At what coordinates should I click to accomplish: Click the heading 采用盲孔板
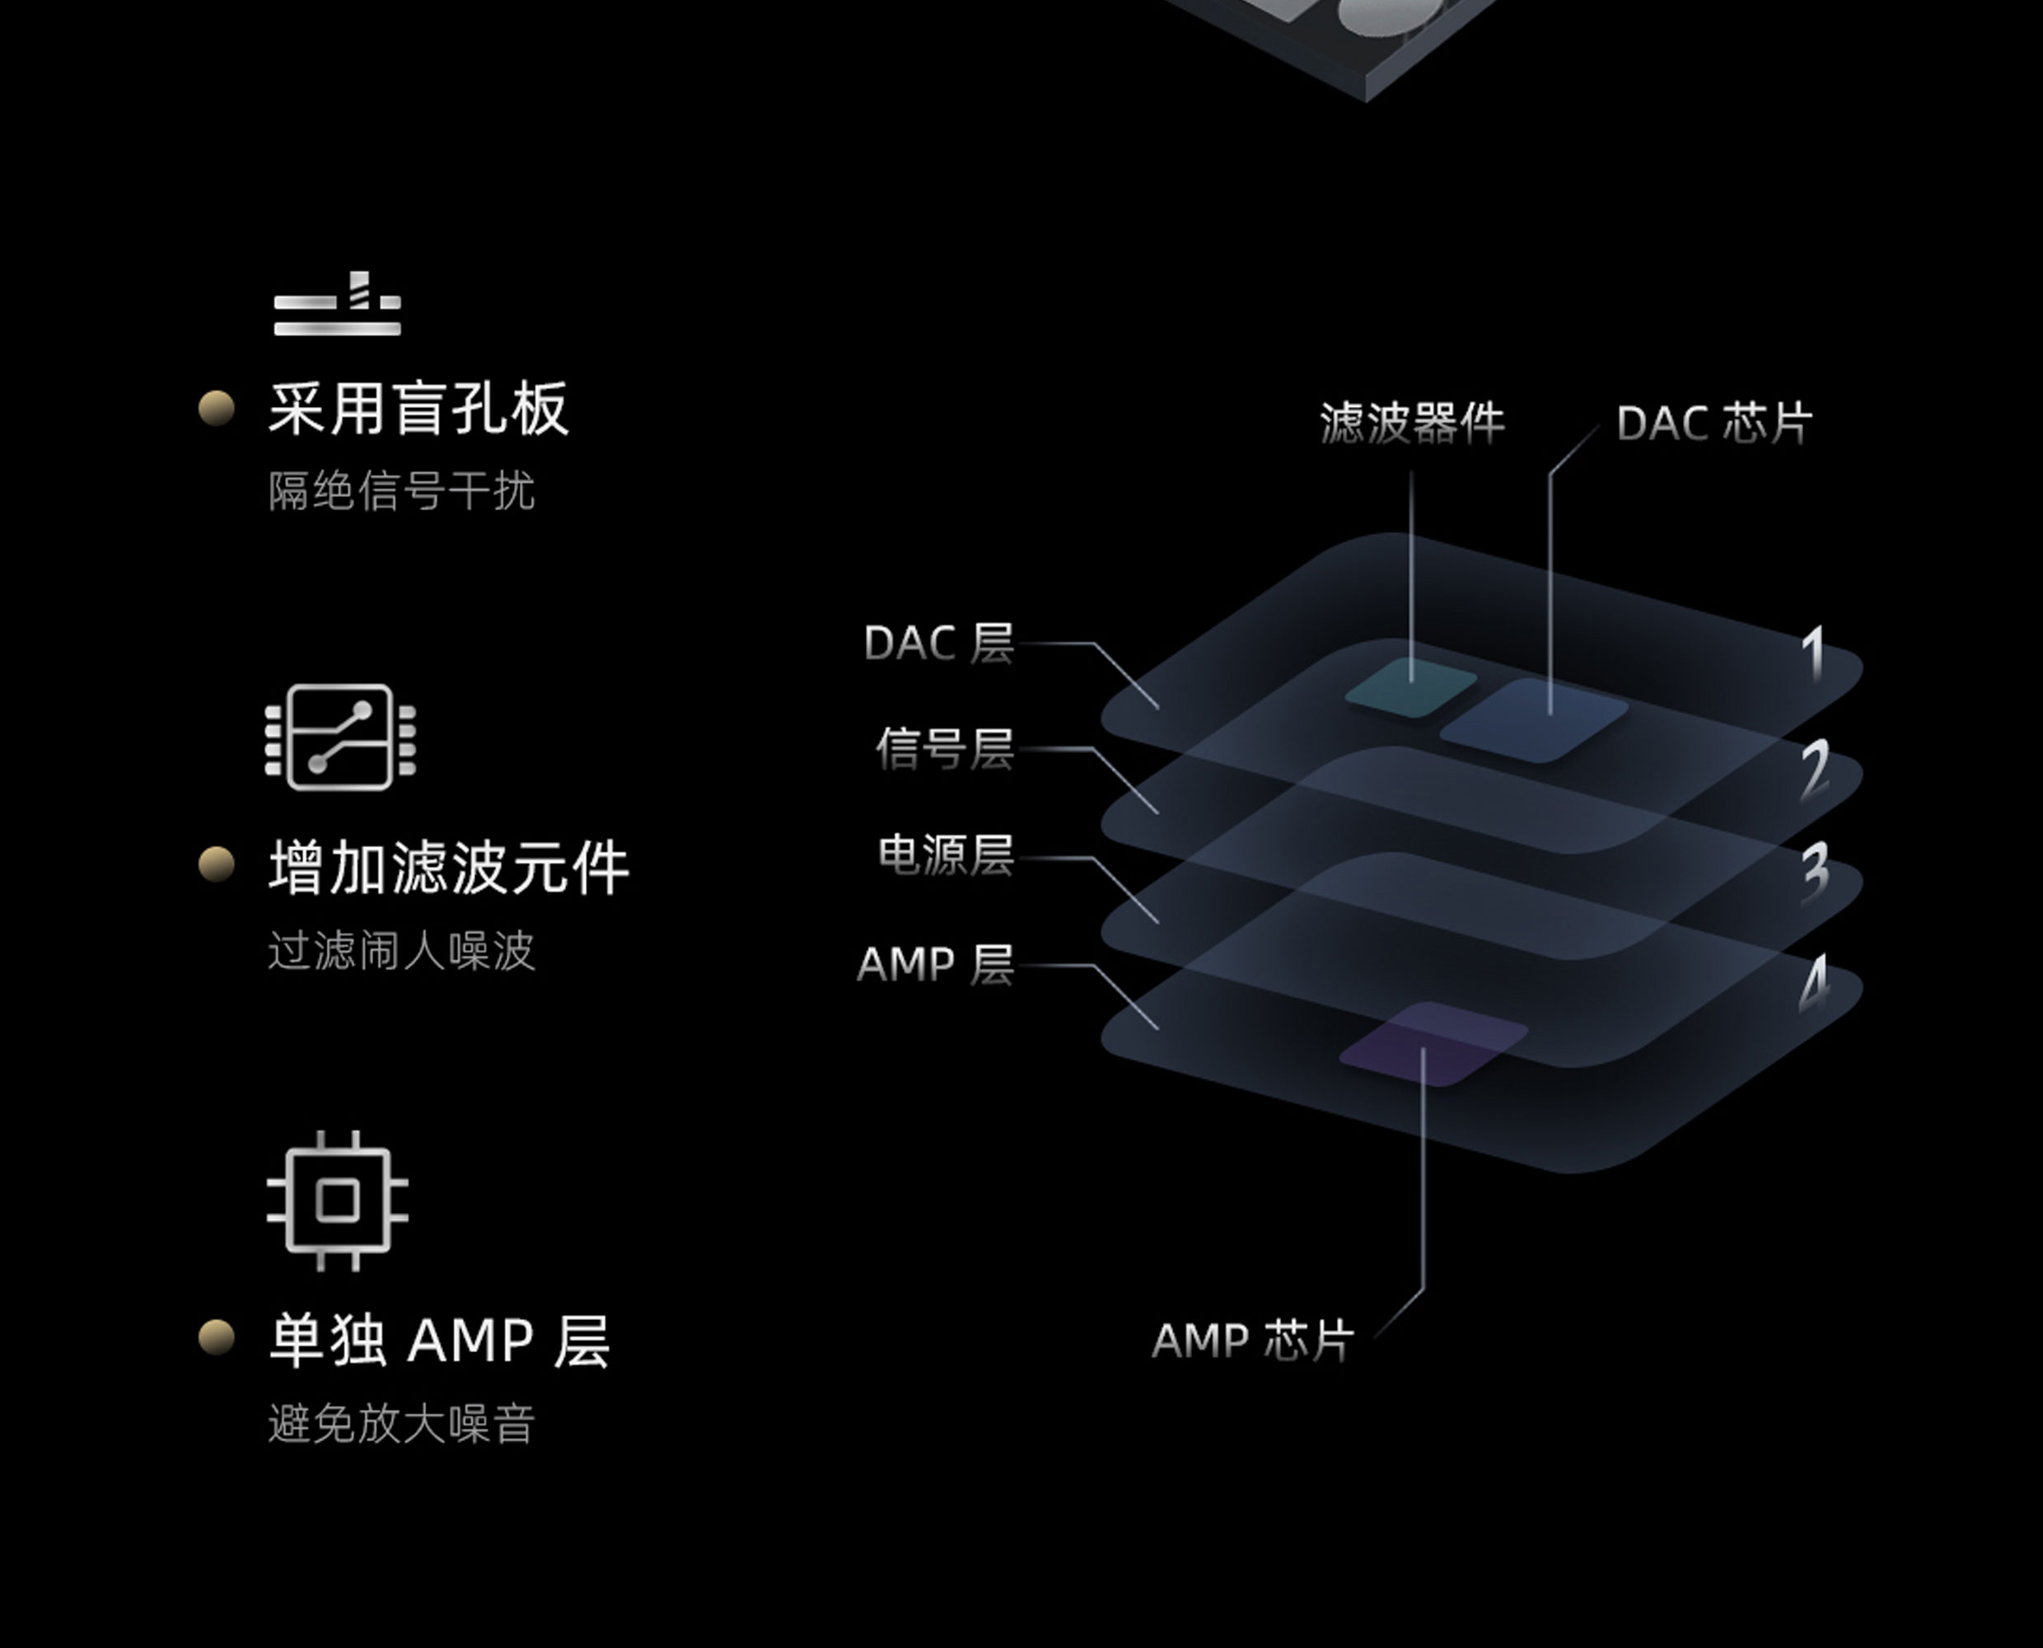(418, 410)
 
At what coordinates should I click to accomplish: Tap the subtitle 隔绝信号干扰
(400, 492)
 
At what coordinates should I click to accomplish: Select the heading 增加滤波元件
(449, 868)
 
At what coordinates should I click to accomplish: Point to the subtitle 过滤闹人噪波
(400, 951)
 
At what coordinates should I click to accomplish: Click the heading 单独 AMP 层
(439, 1341)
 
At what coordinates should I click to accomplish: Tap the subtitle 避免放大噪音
(400, 1424)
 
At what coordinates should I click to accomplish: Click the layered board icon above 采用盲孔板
(338, 305)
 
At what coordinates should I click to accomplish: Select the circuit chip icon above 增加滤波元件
(339, 737)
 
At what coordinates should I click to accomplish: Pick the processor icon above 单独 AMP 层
(338, 1201)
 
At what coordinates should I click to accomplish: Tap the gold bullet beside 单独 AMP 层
(217, 1337)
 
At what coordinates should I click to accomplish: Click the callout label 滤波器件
(1412, 424)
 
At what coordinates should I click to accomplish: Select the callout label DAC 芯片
(1713, 424)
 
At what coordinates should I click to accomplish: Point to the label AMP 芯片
(1251, 1341)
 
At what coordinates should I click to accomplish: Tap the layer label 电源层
(945, 855)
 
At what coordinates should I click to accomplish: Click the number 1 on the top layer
(1814, 654)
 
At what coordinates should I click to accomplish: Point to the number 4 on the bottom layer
(1814, 985)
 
